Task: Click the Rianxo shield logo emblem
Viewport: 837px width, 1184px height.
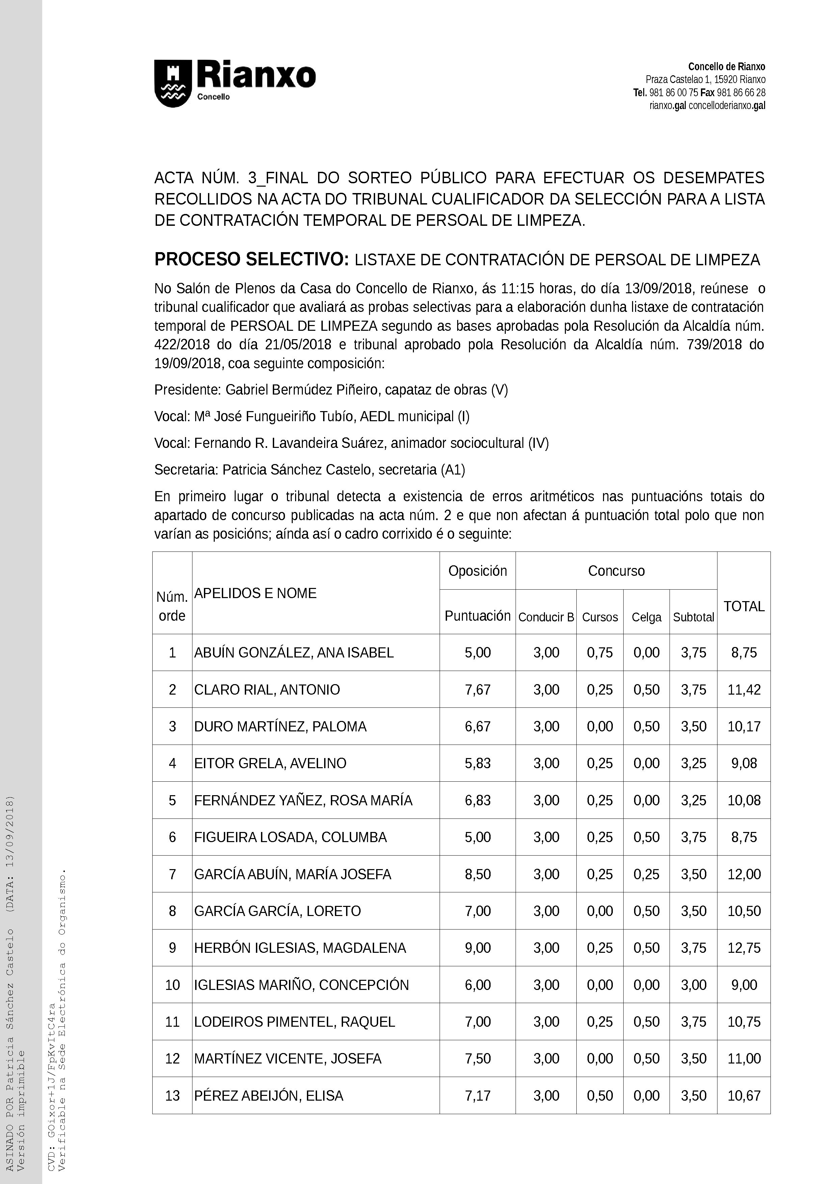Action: (x=173, y=84)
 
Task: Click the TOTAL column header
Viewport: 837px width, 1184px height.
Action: (x=744, y=607)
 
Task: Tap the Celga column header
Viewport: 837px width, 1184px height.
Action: (x=647, y=617)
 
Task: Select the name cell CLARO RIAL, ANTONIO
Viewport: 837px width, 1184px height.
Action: (x=267, y=690)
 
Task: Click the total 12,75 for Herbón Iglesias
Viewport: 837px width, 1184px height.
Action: (x=744, y=948)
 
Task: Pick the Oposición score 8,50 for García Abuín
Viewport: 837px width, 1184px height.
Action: (x=477, y=874)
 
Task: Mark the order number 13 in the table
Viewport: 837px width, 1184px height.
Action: (x=172, y=1095)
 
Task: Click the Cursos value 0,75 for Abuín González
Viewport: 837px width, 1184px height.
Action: (x=600, y=652)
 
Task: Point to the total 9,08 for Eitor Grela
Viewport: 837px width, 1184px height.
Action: (x=744, y=763)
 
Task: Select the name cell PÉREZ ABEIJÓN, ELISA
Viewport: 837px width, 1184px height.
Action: (x=268, y=1095)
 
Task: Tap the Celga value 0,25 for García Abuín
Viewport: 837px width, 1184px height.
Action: (x=647, y=874)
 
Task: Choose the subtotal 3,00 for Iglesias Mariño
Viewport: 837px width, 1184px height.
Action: (x=693, y=985)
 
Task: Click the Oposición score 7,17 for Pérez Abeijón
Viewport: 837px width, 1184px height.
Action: (x=477, y=1095)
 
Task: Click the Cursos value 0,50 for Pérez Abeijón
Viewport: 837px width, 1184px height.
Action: (x=600, y=1095)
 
